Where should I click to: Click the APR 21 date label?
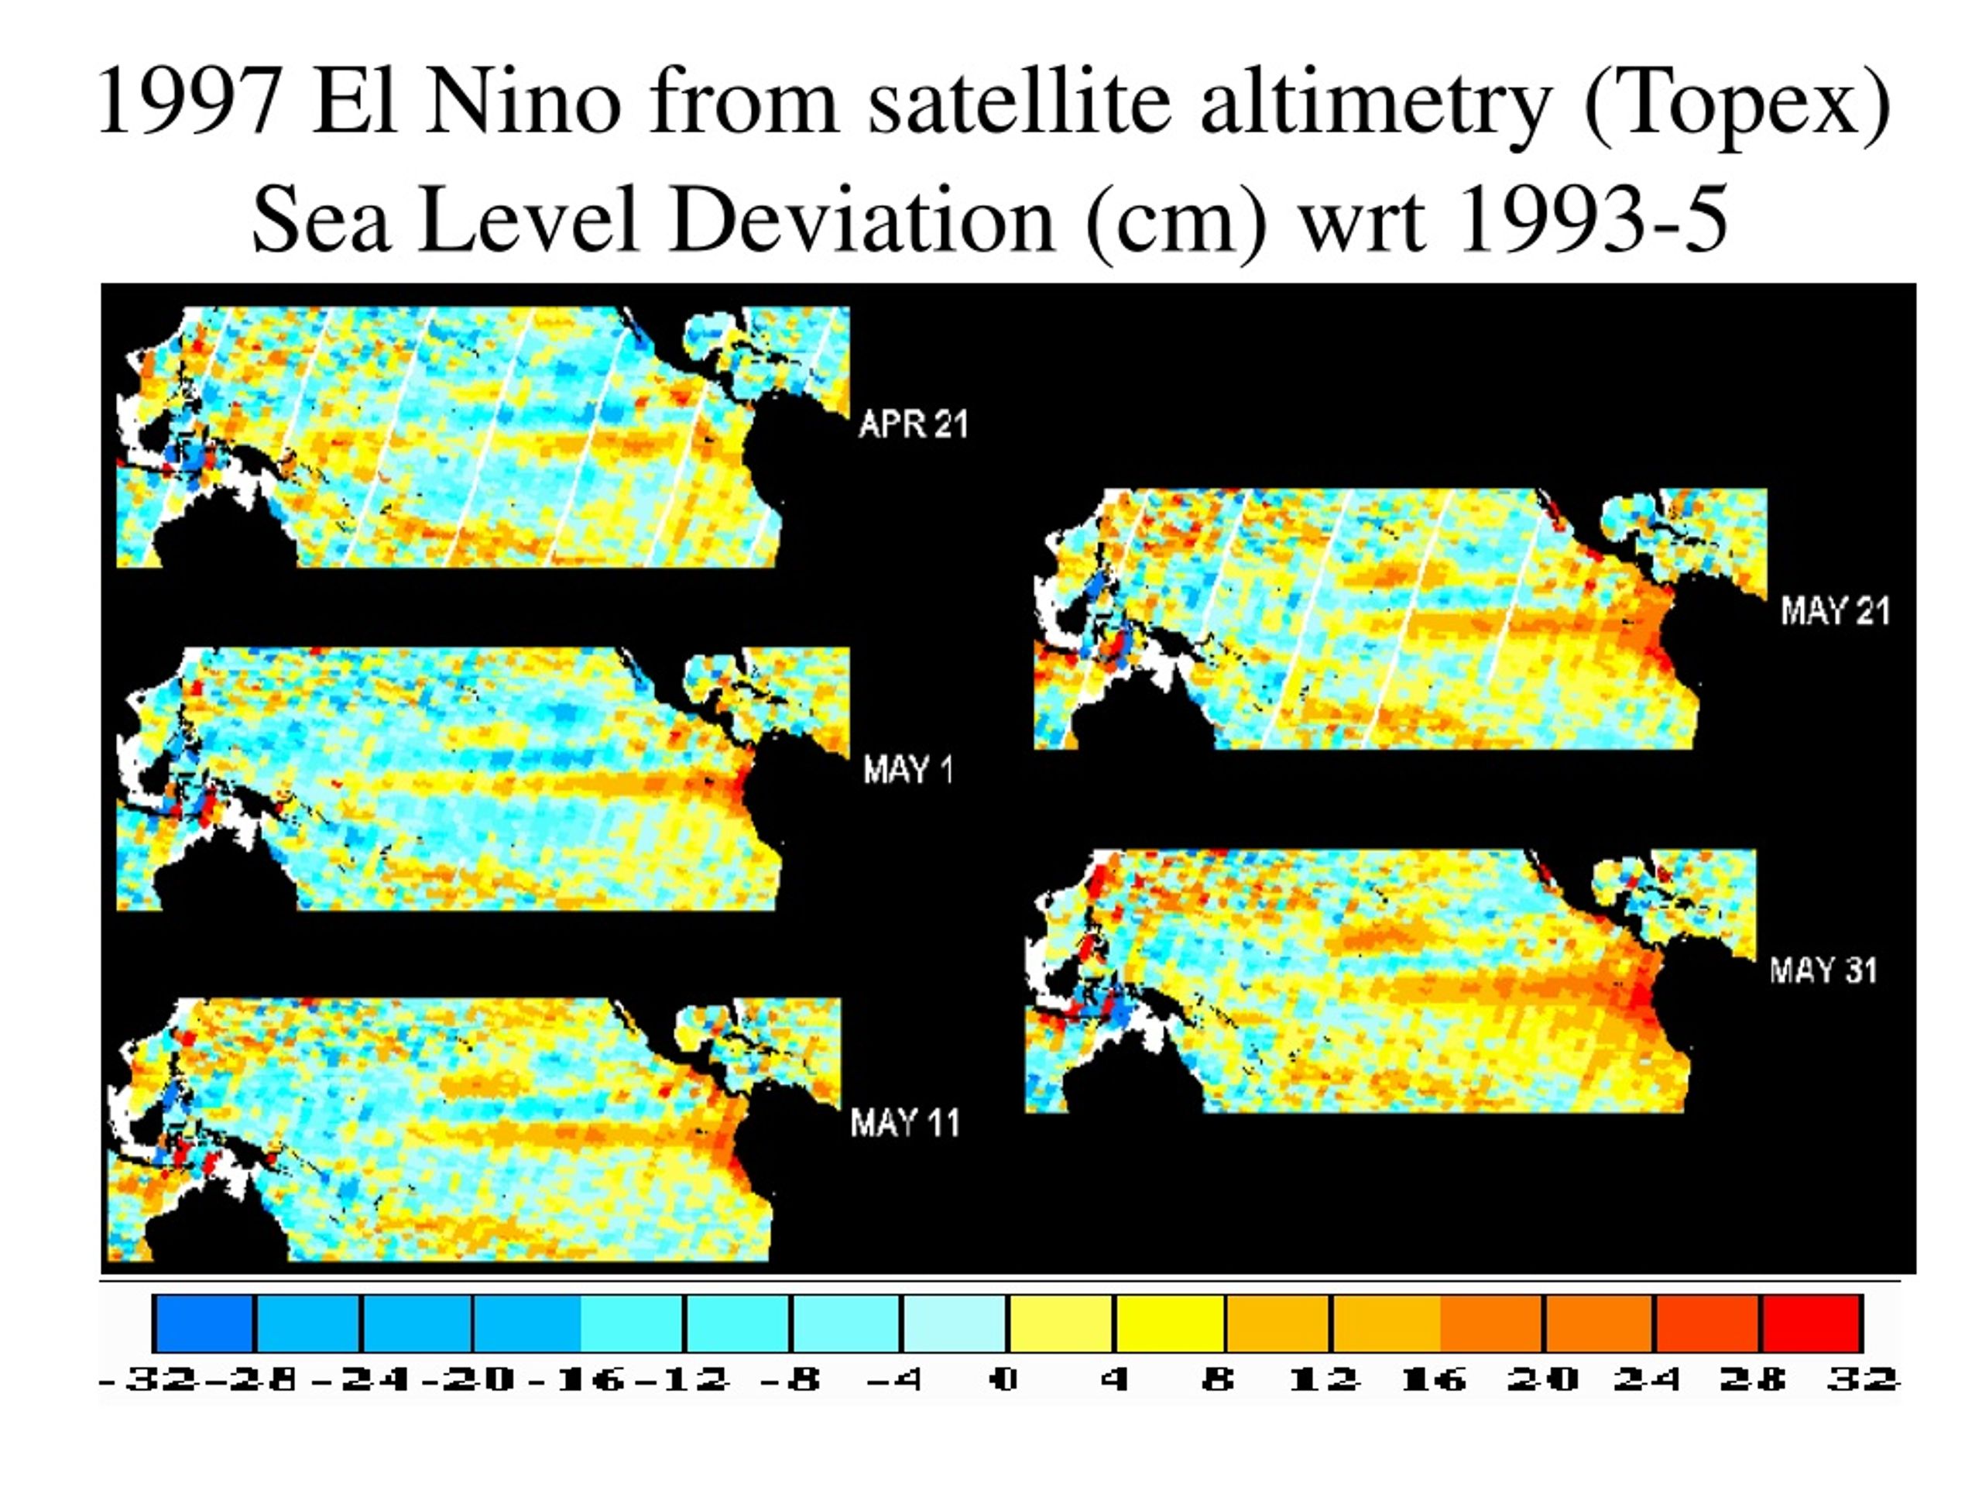click(x=913, y=424)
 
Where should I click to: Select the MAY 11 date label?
click(x=905, y=1122)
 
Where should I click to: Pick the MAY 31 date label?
click(x=1823, y=970)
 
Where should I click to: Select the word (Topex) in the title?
click(x=1737, y=106)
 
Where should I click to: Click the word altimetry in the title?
click(x=1377, y=106)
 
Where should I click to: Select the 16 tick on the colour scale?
click(x=1434, y=1379)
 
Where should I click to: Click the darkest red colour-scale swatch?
click(x=1812, y=1323)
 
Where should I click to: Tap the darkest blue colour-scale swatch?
click(x=204, y=1323)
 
